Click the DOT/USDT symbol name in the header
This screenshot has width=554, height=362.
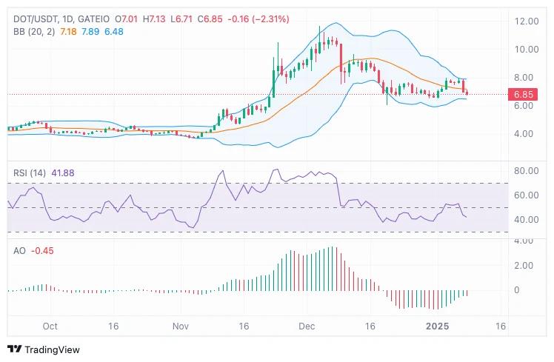coord(30,18)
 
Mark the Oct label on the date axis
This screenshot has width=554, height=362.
coord(50,326)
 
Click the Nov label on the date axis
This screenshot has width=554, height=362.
coord(181,326)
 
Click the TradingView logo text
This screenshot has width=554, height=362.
coord(52,349)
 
